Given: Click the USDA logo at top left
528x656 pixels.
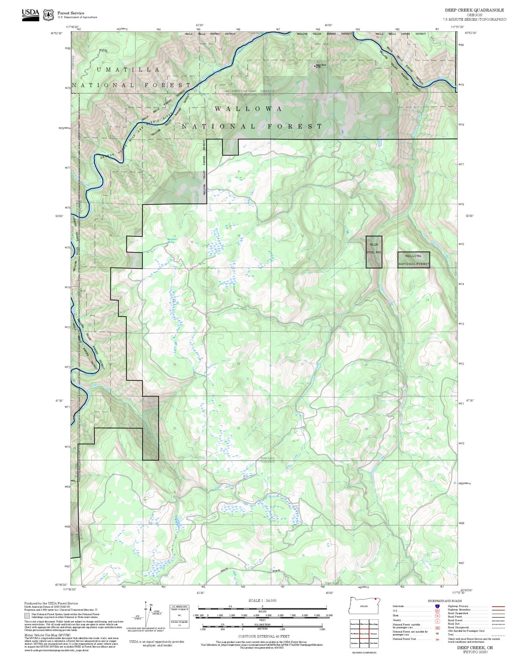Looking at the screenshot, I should pos(31,14).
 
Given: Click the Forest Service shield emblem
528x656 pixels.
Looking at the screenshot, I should pos(48,15).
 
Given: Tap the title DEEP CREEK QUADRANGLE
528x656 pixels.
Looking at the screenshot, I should pos(474,10).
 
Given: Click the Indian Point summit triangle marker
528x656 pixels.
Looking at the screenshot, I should pos(315,66).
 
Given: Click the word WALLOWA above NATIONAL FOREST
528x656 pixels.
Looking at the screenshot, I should pos(248,109).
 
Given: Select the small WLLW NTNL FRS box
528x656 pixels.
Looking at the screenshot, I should pos(374,252).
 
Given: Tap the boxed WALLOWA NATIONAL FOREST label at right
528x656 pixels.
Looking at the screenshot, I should pos(414,260).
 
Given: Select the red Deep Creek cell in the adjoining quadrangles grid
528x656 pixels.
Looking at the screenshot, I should pos(364,633).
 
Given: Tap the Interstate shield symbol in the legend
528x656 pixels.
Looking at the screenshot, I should pos(437,606).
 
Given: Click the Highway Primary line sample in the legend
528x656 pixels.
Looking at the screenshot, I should pos(497,607).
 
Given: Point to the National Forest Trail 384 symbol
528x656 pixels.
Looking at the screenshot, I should pos(437,639).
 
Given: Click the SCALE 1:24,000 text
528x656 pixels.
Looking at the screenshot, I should pos(262,600).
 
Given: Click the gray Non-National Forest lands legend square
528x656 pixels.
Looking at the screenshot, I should pos(27,615).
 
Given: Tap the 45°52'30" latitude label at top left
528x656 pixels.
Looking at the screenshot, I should pos(57,33).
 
